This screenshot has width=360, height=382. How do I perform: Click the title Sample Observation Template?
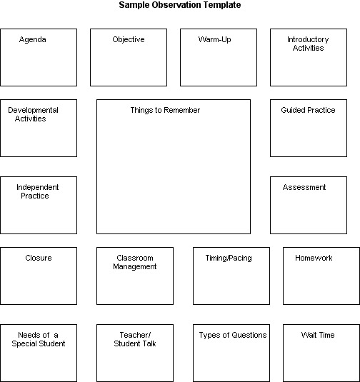point(180,5)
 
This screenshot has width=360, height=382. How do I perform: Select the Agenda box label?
point(32,40)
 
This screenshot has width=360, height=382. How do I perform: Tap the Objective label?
point(128,40)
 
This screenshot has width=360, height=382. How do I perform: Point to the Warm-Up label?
point(214,40)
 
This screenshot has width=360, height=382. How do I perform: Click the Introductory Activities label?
point(308,44)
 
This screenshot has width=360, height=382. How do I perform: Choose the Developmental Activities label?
point(33,114)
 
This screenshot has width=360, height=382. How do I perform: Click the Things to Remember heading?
point(165,111)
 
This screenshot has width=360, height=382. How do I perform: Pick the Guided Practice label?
point(308,111)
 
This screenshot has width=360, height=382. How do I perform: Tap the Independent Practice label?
point(37,191)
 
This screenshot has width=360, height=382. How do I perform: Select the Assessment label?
point(304,188)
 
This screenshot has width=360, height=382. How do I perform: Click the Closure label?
point(39,258)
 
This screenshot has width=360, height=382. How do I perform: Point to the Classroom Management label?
point(134,262)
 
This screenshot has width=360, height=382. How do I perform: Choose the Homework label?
point(314,258)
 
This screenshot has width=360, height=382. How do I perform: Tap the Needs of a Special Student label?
point(39,339)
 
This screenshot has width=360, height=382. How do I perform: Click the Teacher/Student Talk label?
point(134,339)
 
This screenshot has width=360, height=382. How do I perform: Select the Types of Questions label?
point(232,336)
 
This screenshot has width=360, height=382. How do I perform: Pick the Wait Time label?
point(318,336)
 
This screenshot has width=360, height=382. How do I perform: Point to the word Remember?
point(181,111)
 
